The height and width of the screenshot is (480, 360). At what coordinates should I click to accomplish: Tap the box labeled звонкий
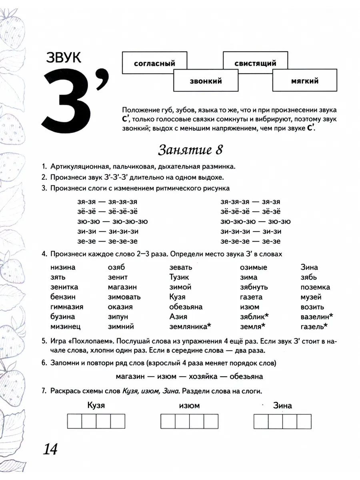206,81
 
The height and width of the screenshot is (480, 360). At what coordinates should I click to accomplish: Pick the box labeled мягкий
305,81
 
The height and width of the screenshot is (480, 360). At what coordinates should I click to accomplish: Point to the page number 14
50,449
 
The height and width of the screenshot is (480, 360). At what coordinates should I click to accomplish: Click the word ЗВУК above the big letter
63,58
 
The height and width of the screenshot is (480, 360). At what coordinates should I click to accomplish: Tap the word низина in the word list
63,267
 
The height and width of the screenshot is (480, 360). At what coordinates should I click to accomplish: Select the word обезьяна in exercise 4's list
186,307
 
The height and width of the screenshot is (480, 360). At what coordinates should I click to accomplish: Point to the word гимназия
67,307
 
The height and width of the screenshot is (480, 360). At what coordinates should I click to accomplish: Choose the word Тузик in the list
179,277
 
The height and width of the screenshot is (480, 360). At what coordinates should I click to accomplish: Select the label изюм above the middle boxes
189,406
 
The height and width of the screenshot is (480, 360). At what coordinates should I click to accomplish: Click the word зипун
118,316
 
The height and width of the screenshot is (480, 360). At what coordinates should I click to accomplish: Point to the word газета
251,297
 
